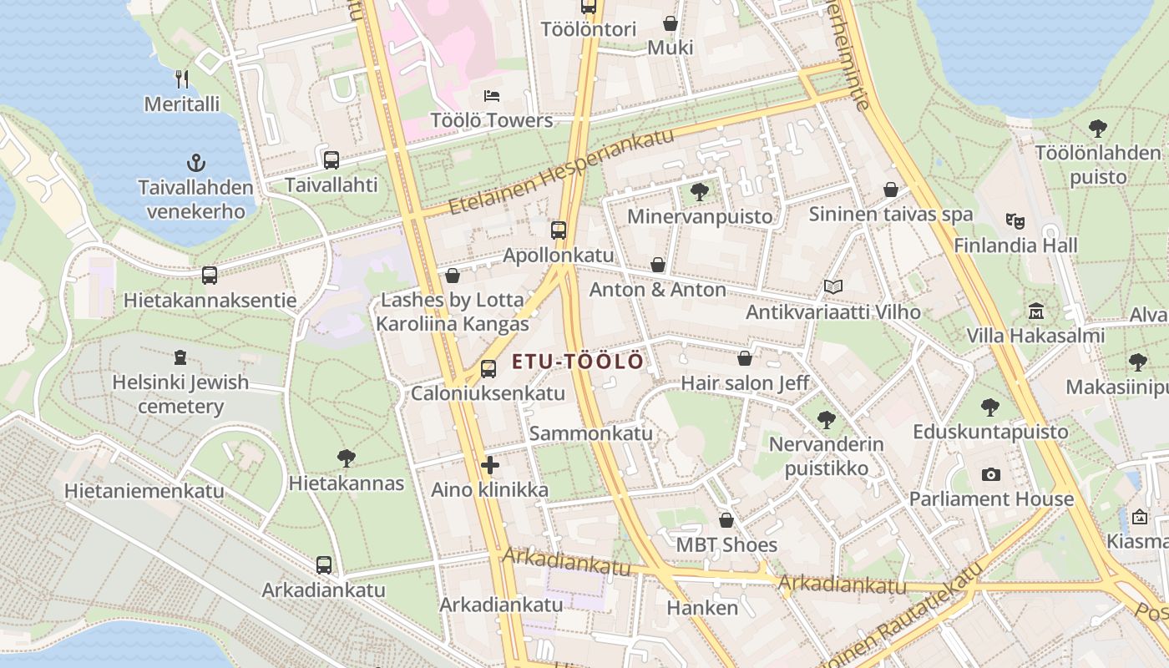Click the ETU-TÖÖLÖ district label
click(577, 362)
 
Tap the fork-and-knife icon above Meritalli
click(182, 78)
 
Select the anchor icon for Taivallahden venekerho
click(196, 162)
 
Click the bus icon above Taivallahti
click(331, 159)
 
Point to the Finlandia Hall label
click(1015, 245)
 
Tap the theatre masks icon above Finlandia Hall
click(1015, 220)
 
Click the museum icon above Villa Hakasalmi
click(1036, 311)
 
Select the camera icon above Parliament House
click(991, 474)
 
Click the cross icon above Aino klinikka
click(490, 465)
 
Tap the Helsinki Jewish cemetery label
click(180, 394)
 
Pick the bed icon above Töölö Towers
click(492, 96)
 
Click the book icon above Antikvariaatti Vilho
click(832, 286)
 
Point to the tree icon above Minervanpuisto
click(700, 192)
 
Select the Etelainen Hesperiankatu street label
click(560, 171)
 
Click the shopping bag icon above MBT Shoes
click(726, 520)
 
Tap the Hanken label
click(702, 608)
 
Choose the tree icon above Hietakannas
click(347, 458)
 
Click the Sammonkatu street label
click(590, 433)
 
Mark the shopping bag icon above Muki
click(671, 23)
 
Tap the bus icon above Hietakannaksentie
click(210, 275)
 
